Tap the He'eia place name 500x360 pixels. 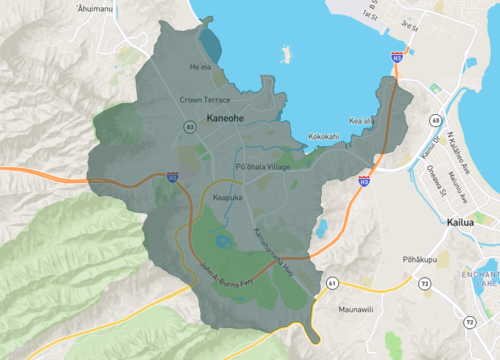pyautogui.click(x=201, y=67)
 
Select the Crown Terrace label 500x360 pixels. pyautogui.click(x=204, y=100)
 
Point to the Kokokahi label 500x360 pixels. pyautogui.click(x=323, y=136)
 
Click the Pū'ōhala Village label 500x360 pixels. pyautogui.click(x=262, y=166)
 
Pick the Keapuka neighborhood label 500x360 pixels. pyautogui.click(x=229, y=198)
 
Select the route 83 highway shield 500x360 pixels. pyautogui.click(x=189, y=127)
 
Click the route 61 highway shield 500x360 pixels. pyautogui.click(x=331, y=284)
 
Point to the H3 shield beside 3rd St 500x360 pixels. pyautogui.click(x=397, y=58)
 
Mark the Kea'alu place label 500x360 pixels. pyautogui.click(x=361, y=121)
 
